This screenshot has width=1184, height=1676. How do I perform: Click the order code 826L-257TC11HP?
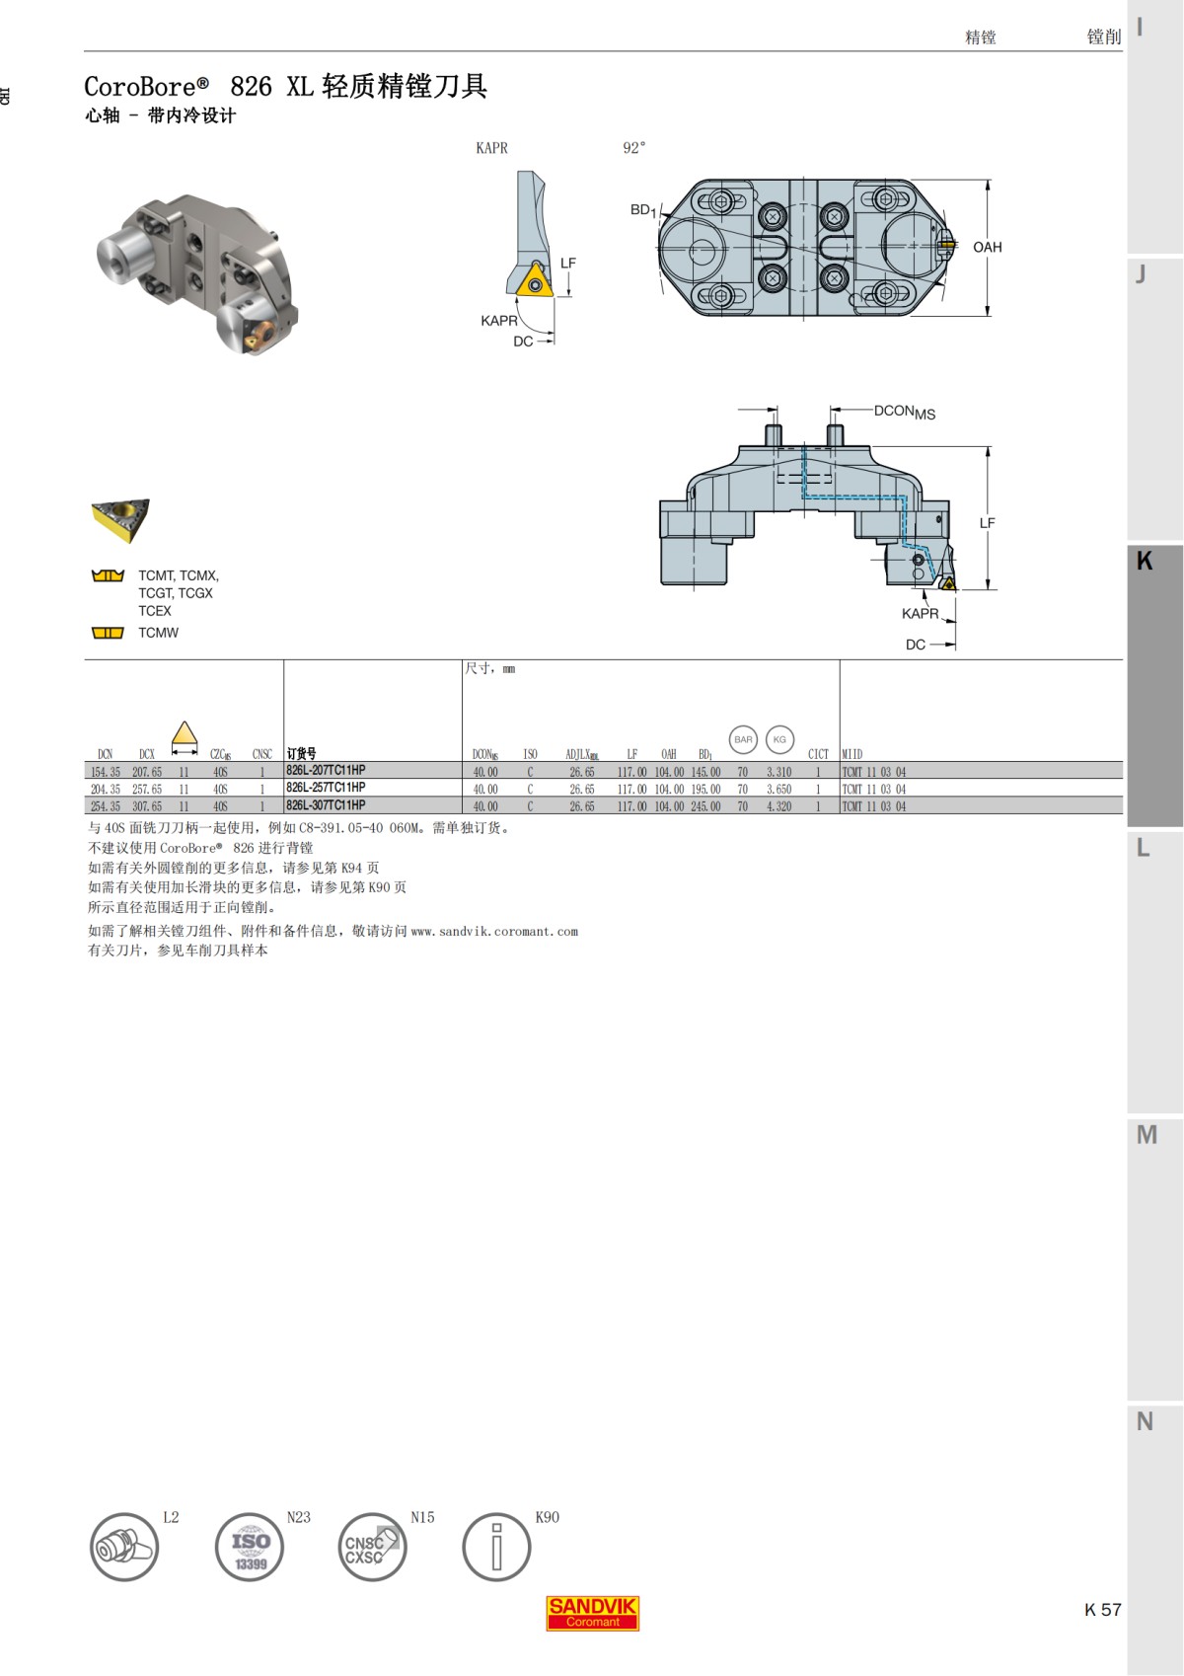[326, 788]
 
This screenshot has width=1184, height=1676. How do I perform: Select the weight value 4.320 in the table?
[778, 806]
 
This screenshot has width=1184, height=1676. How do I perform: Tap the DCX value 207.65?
[147, 772]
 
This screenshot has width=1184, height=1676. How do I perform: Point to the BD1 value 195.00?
[705, 790]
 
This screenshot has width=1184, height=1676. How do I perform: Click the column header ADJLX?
[581, 754]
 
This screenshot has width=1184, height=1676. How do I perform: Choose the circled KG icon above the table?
[779, 739]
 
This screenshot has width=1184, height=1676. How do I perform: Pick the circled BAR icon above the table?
[743, 739]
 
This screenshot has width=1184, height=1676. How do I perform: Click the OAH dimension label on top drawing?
[987, 248]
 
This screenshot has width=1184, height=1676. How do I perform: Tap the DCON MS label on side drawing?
[904, 412]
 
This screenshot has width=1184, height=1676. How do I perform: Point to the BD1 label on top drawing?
[642, 210]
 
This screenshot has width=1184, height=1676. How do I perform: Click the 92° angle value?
[633, 148]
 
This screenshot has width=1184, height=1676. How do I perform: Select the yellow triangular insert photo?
[119, 520]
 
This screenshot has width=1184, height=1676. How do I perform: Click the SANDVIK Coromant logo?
[592, 1613]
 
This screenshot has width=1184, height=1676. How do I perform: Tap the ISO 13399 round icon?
[250, 1548]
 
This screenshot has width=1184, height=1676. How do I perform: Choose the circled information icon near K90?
[496, 1548]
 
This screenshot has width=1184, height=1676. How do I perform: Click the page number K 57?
[1102, 1610]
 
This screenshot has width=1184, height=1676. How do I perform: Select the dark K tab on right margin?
[1153, 686]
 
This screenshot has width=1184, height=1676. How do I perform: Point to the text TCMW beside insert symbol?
[158, 633]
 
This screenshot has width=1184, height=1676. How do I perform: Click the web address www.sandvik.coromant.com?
[494, 931]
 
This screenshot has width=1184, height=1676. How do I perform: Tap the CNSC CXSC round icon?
[372, 1548]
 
